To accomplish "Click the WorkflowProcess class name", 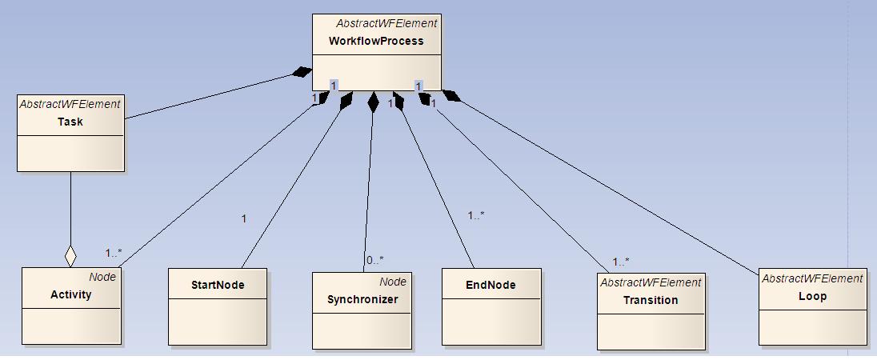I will point(375,41).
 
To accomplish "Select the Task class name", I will point(70,122).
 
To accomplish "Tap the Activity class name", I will point(70,294).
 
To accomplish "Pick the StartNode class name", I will point(218,285).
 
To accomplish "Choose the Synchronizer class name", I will point(362,300).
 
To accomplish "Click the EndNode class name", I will point(491,285).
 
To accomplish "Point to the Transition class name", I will point(651,300).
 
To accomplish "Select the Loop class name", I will point(812,296).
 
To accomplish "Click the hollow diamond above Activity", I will point(70,256).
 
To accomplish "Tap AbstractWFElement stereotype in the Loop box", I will point(812,278).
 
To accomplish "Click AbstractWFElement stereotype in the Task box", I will point(70,104).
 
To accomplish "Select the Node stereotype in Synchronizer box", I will point(393,282).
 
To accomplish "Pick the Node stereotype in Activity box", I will point(102,277).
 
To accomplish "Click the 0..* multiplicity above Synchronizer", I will point(375,260).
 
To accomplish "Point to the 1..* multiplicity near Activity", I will point(114,253).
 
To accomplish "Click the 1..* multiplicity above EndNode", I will point(476,215).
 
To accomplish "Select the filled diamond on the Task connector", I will point(302,73).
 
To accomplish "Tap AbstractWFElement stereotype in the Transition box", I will point(651,282).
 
